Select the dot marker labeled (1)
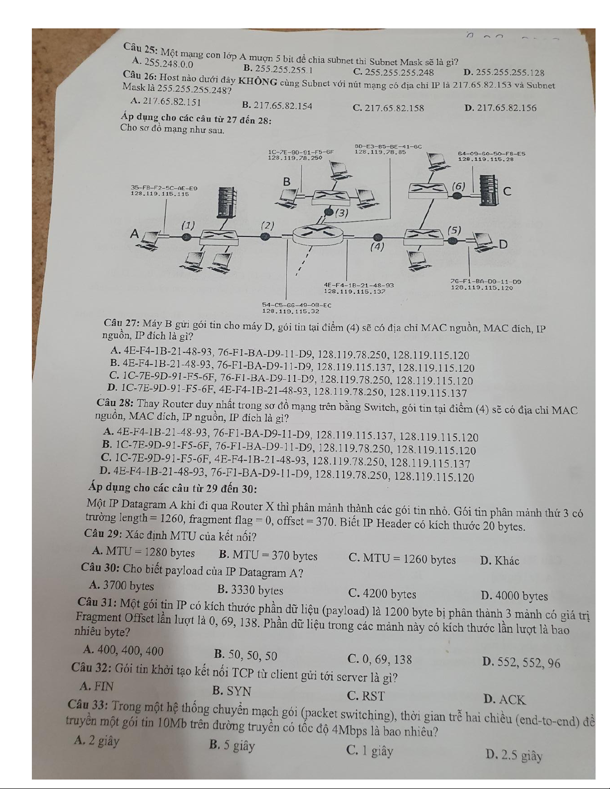186,237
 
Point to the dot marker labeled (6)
458,196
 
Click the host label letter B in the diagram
287,182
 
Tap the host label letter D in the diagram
503,245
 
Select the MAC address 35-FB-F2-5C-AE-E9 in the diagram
164,188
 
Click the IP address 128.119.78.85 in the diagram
380,152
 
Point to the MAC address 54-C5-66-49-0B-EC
297,305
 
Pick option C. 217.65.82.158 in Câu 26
388,108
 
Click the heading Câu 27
122,323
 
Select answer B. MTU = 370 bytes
268,556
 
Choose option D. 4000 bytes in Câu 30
514,596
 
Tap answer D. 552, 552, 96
521,663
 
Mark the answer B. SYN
232,691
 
